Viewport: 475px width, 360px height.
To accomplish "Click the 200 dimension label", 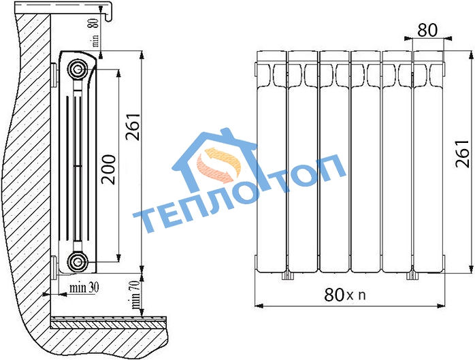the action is tap(108, 169).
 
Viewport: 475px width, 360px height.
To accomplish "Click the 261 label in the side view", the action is tap(133, 127).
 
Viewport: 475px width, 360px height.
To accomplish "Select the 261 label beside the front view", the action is tap(462, 154).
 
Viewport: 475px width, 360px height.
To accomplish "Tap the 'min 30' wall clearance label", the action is tap(84, 288).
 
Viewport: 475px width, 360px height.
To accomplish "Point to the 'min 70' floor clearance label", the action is tap(135, 294).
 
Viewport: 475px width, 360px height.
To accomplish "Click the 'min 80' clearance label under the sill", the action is tap(95, 33).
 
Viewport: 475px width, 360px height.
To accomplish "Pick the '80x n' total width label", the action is tap(345, 294).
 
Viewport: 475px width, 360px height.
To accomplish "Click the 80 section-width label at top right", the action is tap(427, 31).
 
